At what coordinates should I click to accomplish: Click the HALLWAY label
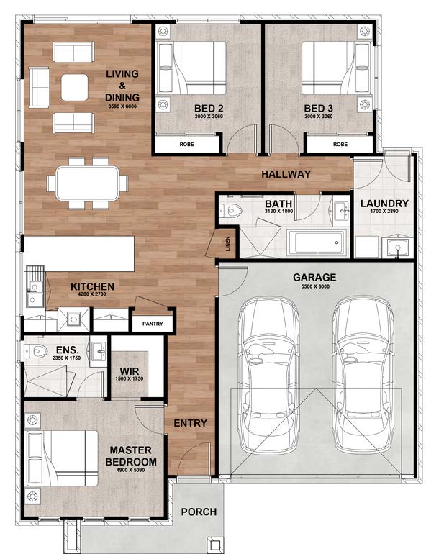coord(286,174)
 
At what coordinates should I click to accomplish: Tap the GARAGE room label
coord(314,277)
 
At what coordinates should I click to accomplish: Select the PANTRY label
coord(153,324)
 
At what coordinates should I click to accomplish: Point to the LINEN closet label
coord(228,244)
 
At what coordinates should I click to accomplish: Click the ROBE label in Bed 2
coord(186,144)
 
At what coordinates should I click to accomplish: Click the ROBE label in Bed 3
coord(340,144)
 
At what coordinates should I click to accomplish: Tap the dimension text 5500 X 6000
coord(315,286)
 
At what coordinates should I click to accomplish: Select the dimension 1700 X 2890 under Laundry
coord(384,212)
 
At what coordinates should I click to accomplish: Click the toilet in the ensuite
coord(36,351)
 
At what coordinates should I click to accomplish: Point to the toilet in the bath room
coord(230,211)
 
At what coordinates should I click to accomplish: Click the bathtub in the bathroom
coord(317,242)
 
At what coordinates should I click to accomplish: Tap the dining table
coord(87,183)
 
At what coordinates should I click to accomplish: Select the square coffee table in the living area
coord(75,87)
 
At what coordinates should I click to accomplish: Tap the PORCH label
coord(199,512)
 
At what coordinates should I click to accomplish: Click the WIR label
coord(130,371)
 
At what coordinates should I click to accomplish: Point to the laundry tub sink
coord(398,248)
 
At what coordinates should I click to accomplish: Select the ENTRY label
coord(191,423)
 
